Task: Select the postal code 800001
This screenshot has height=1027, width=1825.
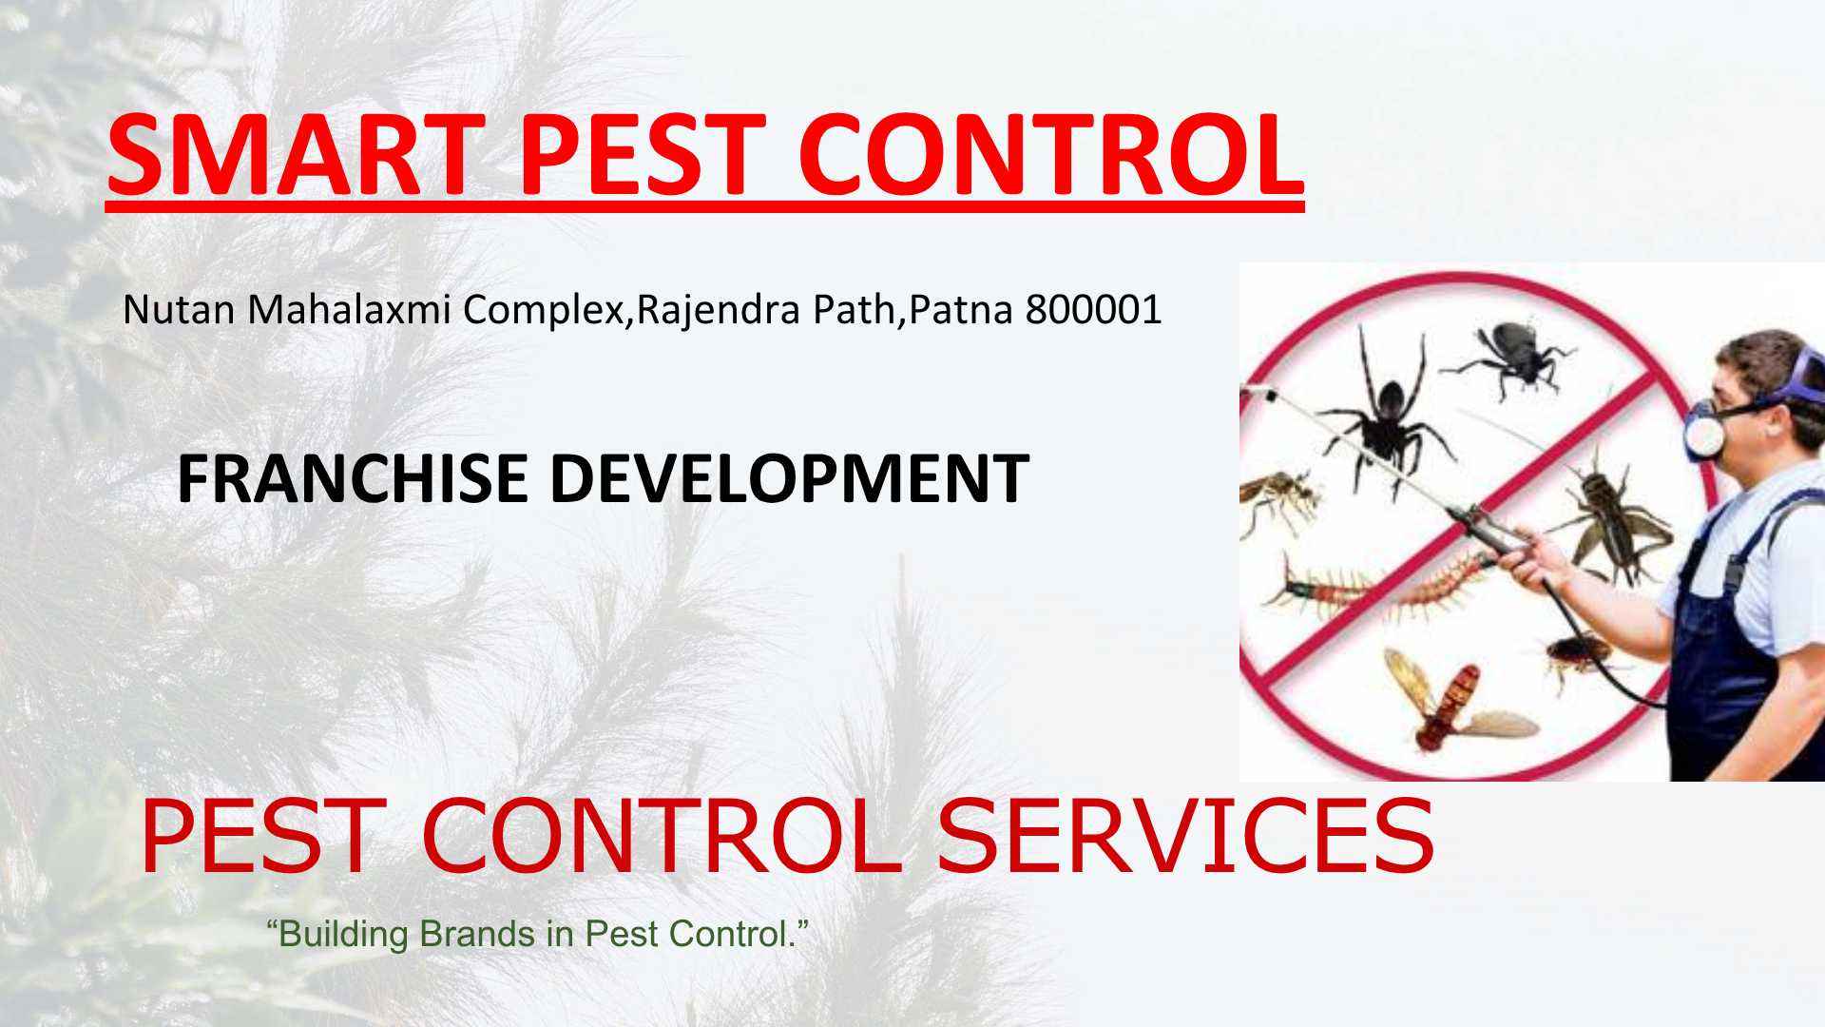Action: tap(1093, 310)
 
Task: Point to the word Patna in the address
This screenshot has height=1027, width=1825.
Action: tap(961, 310)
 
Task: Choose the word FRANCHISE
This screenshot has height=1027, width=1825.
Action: tap(352, 478)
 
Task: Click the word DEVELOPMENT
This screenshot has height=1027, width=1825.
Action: tap(790, 478)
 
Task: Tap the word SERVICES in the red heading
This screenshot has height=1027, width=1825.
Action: tap(1185, 836)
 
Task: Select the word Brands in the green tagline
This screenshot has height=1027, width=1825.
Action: tap(477, 934)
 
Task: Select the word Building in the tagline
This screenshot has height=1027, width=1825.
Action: tap(343, 936)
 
